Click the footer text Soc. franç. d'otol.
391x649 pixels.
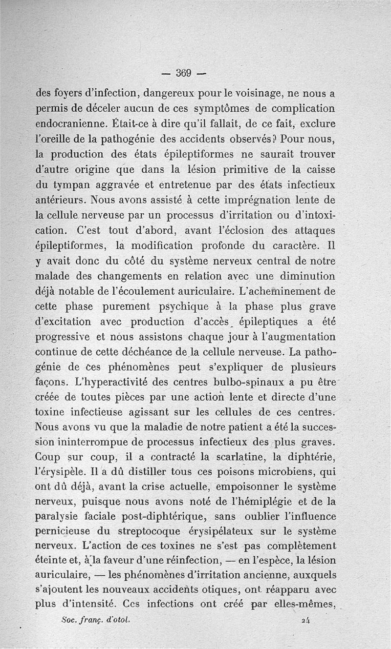tap(96, 619)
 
